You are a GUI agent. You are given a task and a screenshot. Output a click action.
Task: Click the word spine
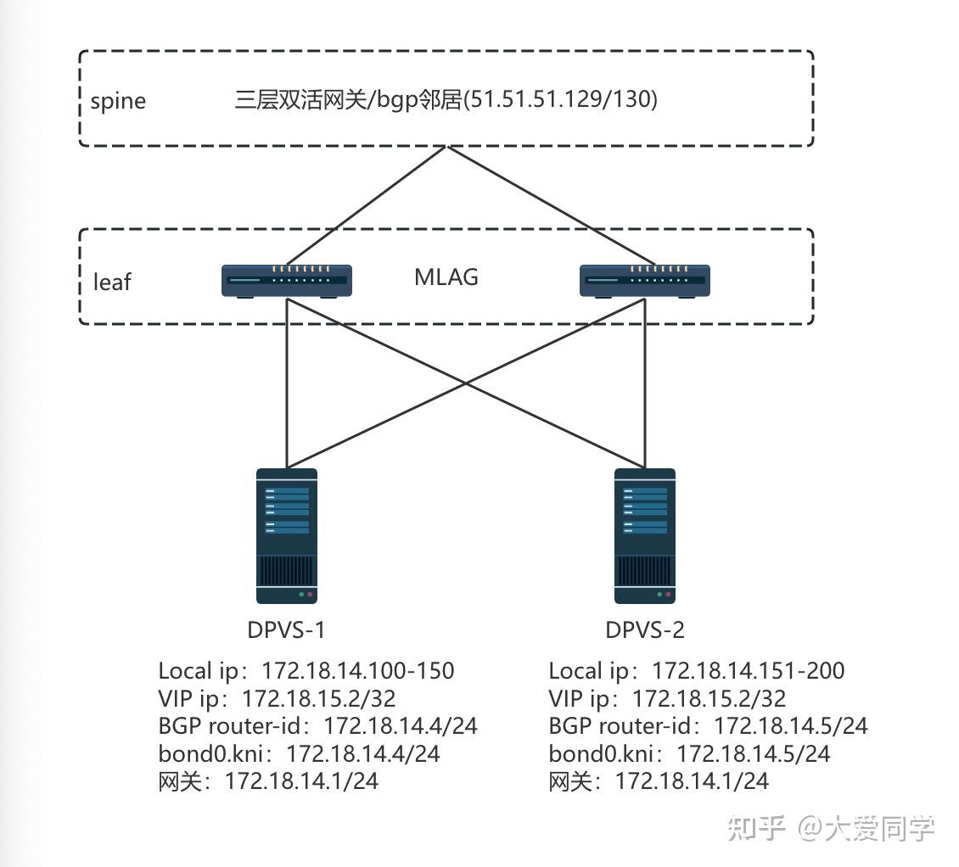tap(118, 101)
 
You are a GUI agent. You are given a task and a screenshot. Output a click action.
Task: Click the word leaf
tap(112, 282)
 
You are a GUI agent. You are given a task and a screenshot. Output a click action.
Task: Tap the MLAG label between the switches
tap(446, 277)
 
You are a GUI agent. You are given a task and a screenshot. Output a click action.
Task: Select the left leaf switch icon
tap(287, 280)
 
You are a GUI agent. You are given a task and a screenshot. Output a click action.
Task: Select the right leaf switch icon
tap(644, 280)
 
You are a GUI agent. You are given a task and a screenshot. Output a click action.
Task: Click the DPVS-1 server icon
tap(287, 536)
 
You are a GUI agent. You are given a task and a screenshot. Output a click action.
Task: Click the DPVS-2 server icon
tap(644, 536)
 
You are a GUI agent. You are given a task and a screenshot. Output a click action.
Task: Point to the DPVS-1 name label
tap(286, 629)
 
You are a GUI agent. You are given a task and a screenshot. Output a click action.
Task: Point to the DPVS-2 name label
tap(645, 629)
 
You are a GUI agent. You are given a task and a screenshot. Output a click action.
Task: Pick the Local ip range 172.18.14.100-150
tap(357, 671)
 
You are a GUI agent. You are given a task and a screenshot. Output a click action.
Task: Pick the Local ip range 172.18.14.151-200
tap(748, 671)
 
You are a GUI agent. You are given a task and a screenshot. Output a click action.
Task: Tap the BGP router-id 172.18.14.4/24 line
tap(317, 725)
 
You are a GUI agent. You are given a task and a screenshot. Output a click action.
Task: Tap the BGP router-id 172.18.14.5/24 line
tap(708, 725)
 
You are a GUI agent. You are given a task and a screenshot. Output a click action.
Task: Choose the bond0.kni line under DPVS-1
tap(299, 752)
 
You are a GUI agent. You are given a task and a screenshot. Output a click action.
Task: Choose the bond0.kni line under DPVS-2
tap(689, 752)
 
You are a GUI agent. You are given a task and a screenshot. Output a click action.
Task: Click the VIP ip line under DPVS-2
tap(667, 698)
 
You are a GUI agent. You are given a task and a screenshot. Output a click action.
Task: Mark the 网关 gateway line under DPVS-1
tap(268, 780)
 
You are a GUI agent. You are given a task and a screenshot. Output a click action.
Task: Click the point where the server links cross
tap(465, 383)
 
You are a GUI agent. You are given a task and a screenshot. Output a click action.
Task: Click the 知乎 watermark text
tap(755, 828)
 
